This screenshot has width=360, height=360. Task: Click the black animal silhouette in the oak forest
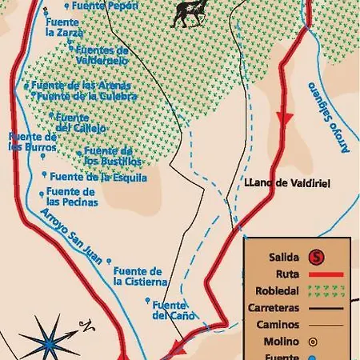(x=190, y=10)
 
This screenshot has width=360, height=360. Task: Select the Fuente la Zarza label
(x=64, y=27)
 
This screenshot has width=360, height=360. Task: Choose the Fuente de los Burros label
(x=33, y=142)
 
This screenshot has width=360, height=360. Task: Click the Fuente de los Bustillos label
(x=107, y=155)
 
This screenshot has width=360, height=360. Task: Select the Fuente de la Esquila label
(x=90, y=177)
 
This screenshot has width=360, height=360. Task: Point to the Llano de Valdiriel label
(x=288, y=183)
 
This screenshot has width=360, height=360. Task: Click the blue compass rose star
(x=48, y=337)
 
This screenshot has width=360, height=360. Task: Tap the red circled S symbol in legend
(x=318, y=257)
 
